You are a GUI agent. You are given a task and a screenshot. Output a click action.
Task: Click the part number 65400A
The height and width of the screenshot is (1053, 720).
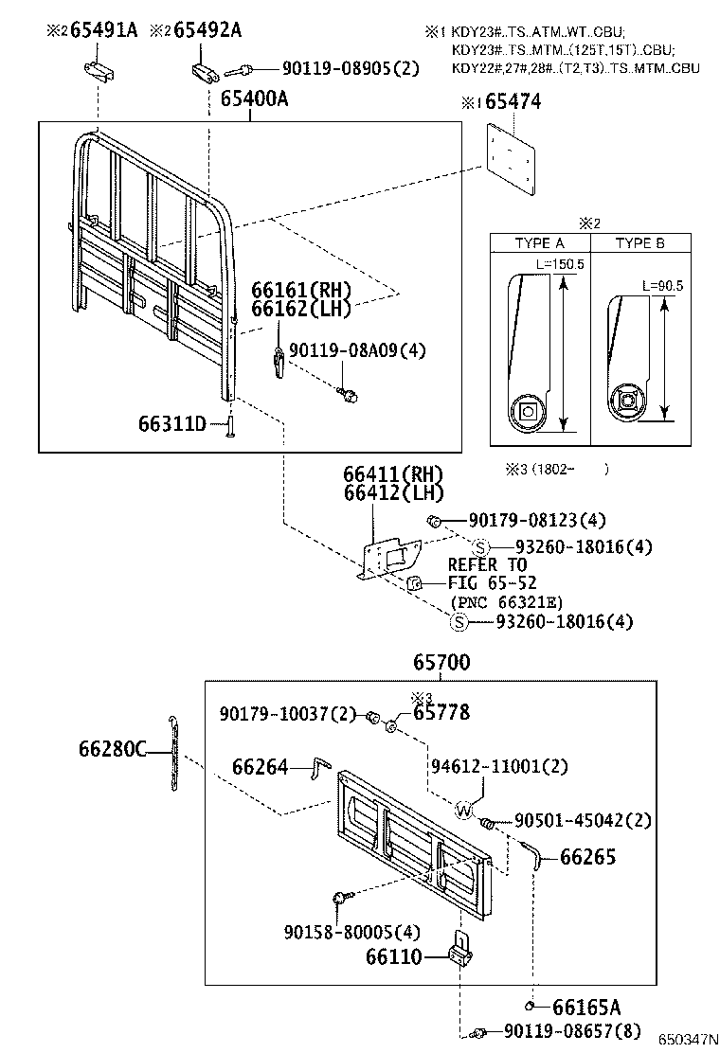pyautogui.click(x=254, y=99)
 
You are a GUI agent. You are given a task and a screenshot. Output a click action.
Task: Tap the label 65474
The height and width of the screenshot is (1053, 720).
pyautogui.click(x=513, y=102)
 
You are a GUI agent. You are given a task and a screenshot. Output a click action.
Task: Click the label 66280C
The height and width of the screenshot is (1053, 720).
pyautogui.click(x=113, y=749)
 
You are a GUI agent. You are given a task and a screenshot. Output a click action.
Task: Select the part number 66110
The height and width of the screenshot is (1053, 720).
pyautogui.click(x=394, y=956)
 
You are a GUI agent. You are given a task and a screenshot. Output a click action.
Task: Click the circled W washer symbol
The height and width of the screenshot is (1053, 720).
pyautogui.click(x=463, y=810)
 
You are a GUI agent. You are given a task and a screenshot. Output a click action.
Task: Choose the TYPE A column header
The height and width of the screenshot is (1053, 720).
pyautogui.click(x=539, y=243)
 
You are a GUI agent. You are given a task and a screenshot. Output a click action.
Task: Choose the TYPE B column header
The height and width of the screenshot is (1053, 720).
pyautogui.click(x=639, y=243)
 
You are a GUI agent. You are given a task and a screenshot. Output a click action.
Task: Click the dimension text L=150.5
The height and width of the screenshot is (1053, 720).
pyautogui.click(x=560, y=263)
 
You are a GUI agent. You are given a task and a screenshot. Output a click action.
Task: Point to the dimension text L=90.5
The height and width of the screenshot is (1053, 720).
pyautogui.click(x=662, y=285)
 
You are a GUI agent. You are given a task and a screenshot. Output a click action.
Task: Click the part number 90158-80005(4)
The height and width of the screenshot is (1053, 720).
pyautogui.click(x=351, y=932)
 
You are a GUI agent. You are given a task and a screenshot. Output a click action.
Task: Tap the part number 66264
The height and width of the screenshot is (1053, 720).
pyautogui.click(x=261, y=767)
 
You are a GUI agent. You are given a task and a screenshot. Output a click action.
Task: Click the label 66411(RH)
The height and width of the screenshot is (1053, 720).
pyautogui.click(x=392, y=473)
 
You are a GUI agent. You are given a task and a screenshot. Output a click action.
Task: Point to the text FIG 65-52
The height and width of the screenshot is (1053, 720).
pyautogui.click(x=492, y=583)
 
